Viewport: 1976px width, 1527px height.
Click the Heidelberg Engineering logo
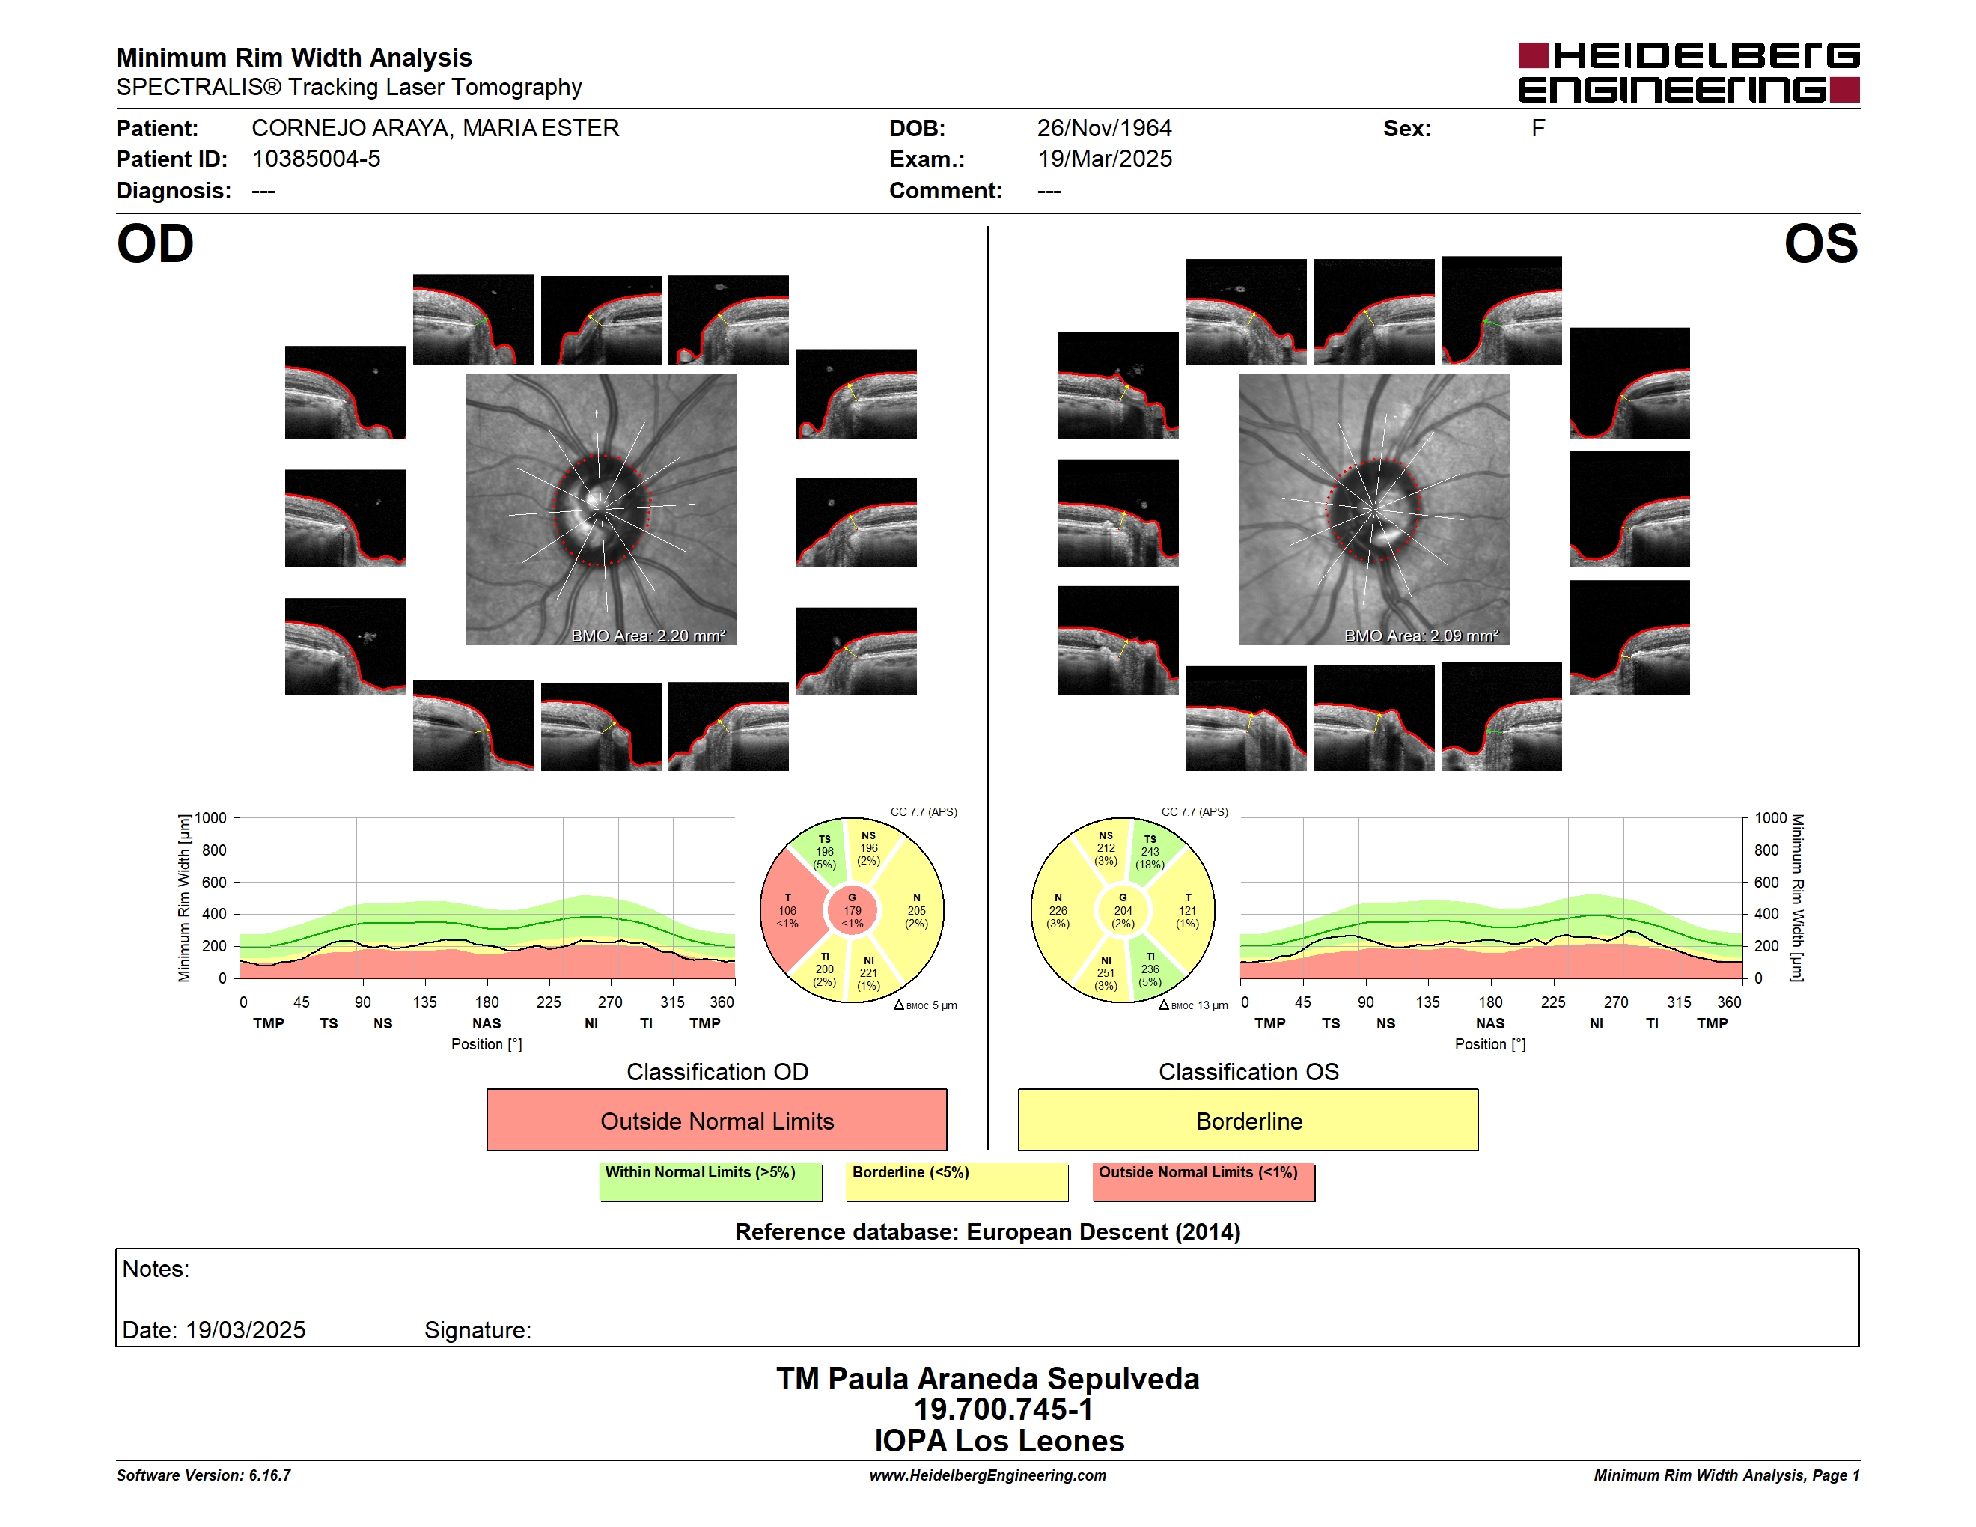point(1689,73)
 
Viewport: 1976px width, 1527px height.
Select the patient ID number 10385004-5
point(316,159)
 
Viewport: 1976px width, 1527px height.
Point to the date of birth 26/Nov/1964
point(1104,129)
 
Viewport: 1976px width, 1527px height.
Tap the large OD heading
point(156,244)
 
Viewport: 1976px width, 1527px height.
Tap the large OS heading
point(1820,244)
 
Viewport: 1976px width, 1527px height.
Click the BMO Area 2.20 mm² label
point(647,636)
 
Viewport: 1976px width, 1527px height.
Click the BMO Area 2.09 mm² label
point(1421,636)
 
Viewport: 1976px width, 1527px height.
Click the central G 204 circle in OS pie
point(1123,911)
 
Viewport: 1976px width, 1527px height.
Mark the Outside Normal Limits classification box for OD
point(716,1120)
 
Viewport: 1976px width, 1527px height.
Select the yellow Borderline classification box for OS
point(1248,1120)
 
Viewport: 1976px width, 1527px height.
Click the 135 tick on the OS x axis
point(1427,1002)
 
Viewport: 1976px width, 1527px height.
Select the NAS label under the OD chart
point(487,1023)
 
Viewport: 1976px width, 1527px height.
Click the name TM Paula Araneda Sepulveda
point(988,1379)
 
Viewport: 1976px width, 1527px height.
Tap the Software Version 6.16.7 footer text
point(204,1475)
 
